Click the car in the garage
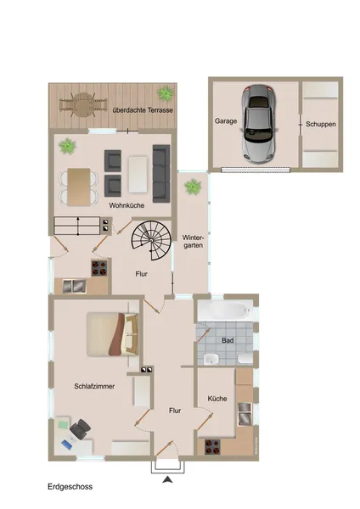pos(259,124)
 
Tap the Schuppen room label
pos(321,124)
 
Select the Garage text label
pos(226,121)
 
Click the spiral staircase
pos(151,240)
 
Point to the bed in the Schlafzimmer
pos(113,334)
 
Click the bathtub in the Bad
pos(225,310)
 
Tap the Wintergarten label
pos(193,241)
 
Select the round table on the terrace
pos(83,105)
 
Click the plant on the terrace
pos(166,93)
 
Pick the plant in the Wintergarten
pos(193,187)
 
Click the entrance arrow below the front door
pos(167,479)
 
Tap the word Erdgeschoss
pos(70,487)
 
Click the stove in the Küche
pos(212,447)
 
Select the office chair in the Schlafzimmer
pos(80,428)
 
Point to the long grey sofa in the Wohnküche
pos(161,173)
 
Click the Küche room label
pos(217,399)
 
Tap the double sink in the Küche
pos(245,414)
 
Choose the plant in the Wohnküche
pos(67,146)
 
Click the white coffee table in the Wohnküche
pos(138,175)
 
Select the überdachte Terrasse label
pos(143,110)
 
